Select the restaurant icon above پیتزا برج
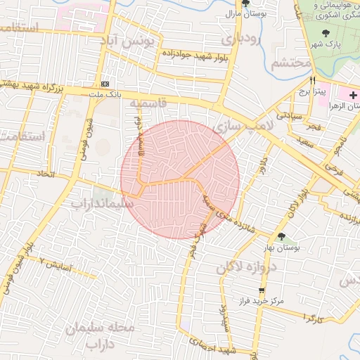312,80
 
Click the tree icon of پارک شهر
325,33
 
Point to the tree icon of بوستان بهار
282,237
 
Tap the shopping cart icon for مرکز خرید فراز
262,290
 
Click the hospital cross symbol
353,94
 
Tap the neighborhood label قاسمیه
148,103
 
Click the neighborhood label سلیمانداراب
103,202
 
